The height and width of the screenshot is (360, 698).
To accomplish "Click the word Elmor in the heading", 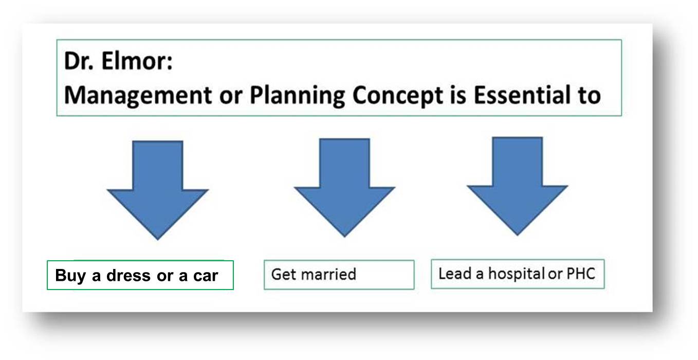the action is point(137,61).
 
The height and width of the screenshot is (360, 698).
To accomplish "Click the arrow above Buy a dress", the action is point(158,190).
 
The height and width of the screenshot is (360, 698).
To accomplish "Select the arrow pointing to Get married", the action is point(345,188).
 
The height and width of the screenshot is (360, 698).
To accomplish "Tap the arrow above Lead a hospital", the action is point(517,186).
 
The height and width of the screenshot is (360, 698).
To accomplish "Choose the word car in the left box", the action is point(206,276).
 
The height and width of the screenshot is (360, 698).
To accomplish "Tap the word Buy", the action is point(70,276).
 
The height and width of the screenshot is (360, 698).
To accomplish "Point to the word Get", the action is point(284,274).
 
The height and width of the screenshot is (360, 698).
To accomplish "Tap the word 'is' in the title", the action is point(458,95).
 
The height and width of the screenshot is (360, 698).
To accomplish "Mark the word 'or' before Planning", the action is point(231,97).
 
